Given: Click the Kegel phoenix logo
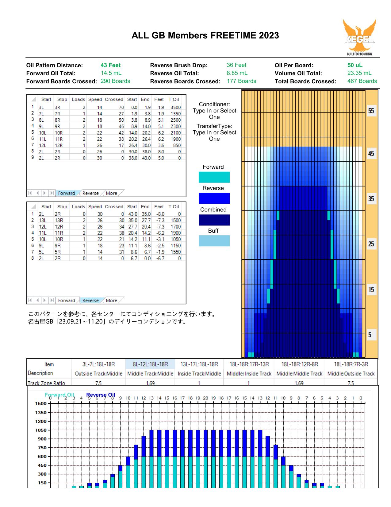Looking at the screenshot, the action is pyautogui.click(x=359, y=37).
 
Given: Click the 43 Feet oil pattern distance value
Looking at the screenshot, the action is pyautogui.click(x=111, y=65).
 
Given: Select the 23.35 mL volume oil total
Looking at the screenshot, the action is pyautogui.click(x=359, y=73).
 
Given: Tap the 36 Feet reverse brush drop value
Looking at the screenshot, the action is pyautogui.click(x=236, y=65).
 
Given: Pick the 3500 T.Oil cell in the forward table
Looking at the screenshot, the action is pyautogui.click(x=176, y=107).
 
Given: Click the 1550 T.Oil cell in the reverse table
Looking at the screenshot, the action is pyautogui.click(x=176, y=252).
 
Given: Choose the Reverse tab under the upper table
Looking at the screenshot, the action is pyautogui.click(x=90, y=193).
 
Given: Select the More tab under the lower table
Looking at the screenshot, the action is pyautogui.click(x=111, y=301).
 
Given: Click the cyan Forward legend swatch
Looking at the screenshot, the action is pyautogui.click(x=214, y=177).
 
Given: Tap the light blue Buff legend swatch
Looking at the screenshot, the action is pyautogui.click(x=214, y=241).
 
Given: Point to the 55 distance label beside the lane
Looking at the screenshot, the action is pyautogui.click(x=371, y=111).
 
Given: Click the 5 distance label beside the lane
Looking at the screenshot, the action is pyautogui.click(x=370, y=335).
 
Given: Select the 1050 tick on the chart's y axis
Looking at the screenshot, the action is pyautogui.click(x=41, y=430).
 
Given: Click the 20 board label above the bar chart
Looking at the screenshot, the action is pyautogui.click(x=205, y=398).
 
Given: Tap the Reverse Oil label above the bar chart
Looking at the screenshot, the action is pyautogui.click(x=101, y=395).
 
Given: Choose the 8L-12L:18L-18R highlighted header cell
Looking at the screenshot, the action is pyautogui.click(x=151, y=364).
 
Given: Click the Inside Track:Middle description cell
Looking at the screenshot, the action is pyautogui.click(x=199, y=374).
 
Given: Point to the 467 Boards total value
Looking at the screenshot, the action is pyautogui.click(x=362, y=81).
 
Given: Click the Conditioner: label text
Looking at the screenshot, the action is pyautogui.click(x=214, y=104).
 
